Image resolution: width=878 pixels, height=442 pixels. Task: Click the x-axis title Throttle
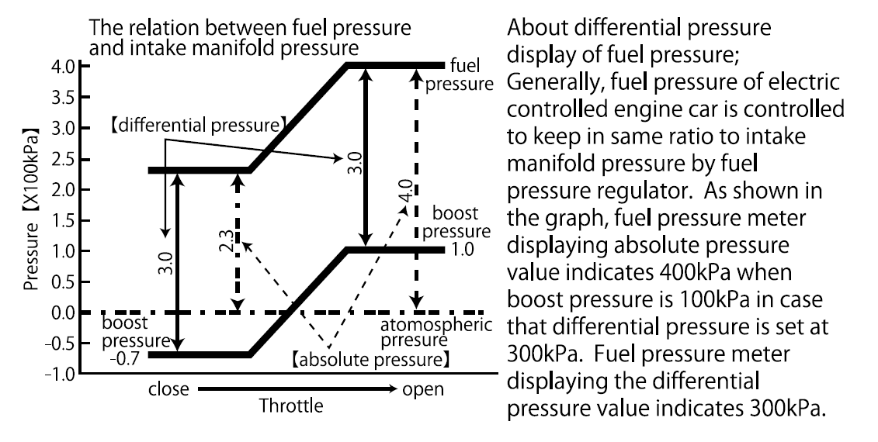pyautogui.click(x=292, y=405)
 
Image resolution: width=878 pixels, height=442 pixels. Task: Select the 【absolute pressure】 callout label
pyautogui.click(x=371, y=360)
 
